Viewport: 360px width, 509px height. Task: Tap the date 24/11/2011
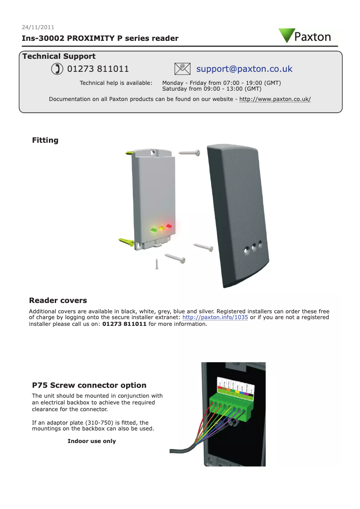(38, 27)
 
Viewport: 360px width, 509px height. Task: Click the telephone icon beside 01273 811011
(57, 69)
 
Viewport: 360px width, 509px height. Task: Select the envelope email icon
(182, 69)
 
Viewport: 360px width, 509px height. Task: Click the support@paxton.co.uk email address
(244, 69)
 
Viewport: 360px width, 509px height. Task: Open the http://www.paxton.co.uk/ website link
(275, 99)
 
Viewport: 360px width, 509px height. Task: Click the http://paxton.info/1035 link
(215, 317)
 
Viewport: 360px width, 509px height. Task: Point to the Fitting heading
(45, 140)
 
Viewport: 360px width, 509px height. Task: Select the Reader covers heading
(58, 300)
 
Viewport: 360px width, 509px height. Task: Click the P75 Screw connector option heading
(89, 385)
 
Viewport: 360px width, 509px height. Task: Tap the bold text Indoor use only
(92, 441)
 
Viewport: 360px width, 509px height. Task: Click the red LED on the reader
(169, 226)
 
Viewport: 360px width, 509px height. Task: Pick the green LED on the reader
(154, 230)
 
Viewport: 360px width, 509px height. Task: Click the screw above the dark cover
(189, 153)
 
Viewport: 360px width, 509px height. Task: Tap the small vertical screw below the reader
(157, 264)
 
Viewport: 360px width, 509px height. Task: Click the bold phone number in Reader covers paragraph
(124, 324)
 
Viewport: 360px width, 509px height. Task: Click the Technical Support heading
(59, 56)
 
